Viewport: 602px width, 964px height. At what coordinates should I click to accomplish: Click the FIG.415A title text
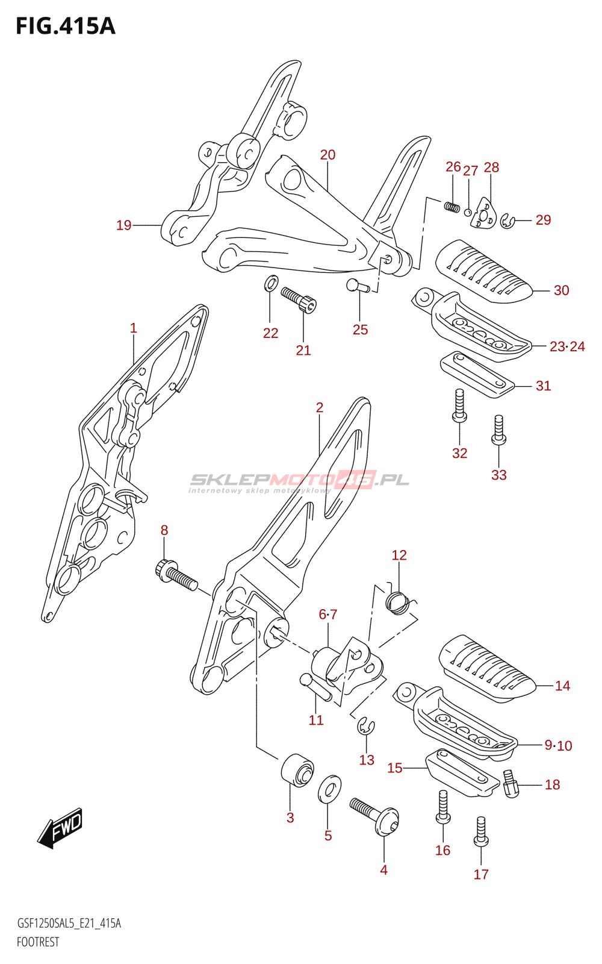coord(66,27)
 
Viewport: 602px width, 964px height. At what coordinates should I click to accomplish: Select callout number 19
coord(124,225)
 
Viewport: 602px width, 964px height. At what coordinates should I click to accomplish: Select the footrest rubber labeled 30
coord(485,271)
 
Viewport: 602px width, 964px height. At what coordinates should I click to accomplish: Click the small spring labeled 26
coord(452,207)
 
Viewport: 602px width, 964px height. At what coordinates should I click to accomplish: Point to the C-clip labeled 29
coord(508,221)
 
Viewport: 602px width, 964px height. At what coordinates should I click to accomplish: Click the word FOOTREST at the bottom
coord(38,942)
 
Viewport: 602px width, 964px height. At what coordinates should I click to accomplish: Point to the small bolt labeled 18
coord(511,783)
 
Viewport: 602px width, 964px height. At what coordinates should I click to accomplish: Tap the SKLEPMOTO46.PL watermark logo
coord(299,482)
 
